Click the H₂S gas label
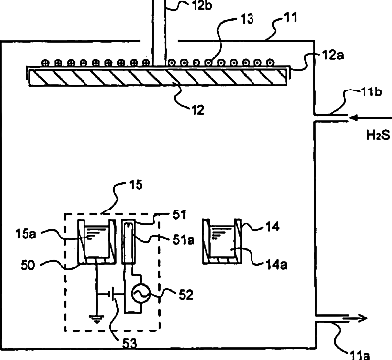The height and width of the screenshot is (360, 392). [379, 135]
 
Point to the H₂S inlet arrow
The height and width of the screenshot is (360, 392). [370, 118]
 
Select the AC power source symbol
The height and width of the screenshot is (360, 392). [140, 293]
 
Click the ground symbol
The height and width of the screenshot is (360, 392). [97, 318]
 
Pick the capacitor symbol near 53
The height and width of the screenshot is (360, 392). [113, 294]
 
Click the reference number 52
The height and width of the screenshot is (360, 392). [186, 295]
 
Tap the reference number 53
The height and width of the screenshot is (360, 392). [129, 343]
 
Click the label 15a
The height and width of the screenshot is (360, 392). [26, 234]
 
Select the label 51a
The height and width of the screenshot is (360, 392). [184, 240]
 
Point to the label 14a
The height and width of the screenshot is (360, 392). [276, 264]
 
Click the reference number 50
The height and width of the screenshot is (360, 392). [28, 265]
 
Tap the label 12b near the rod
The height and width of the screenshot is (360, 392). [201, 5]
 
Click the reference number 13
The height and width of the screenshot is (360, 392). [247, 19]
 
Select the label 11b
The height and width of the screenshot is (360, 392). [371, 92]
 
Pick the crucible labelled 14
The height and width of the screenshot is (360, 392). [222, 241]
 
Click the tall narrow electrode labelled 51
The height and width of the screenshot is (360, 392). [129, 241]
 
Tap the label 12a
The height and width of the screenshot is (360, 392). [333, 55]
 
